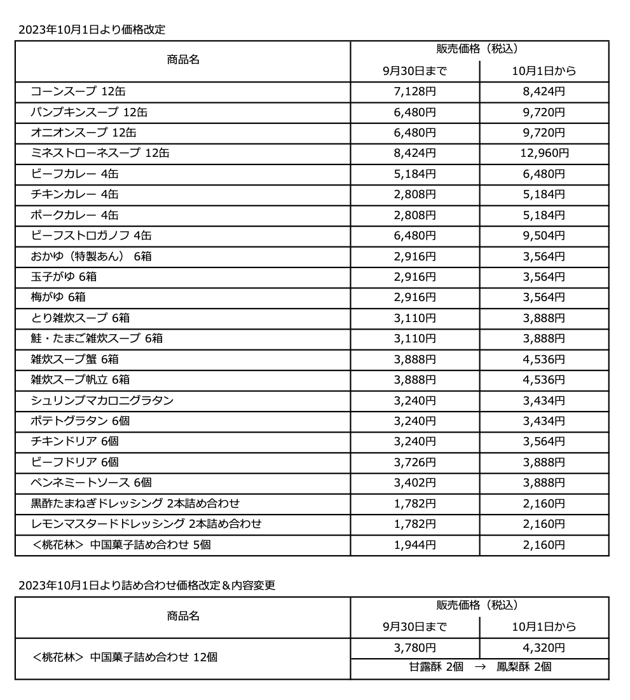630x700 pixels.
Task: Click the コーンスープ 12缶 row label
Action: click(x=83, y=91)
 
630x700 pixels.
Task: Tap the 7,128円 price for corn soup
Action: click(x=414, y=91)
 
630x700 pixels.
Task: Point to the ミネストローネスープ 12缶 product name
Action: click(x=100, y=153)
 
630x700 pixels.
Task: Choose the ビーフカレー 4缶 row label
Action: click(x=74, y=174)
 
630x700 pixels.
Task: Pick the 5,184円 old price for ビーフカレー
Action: click(x=414, y=174)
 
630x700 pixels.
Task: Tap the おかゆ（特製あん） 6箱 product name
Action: click(x=91, y=257)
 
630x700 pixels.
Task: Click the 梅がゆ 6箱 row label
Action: click(x=58, y=297)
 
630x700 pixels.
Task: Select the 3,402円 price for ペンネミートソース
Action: click(x=414, y=483)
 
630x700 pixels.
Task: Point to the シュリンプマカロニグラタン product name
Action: click(x=102, y=400)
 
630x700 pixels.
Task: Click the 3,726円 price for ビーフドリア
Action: click(x=414, y=462)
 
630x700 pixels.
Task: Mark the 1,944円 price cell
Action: click(x=414, y=544)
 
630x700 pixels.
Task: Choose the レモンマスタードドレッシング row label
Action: click(x=146, y=524)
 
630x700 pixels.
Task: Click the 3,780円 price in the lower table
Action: click(x=414, y=648)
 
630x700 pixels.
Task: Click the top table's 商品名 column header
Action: click(x=183, y=60)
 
